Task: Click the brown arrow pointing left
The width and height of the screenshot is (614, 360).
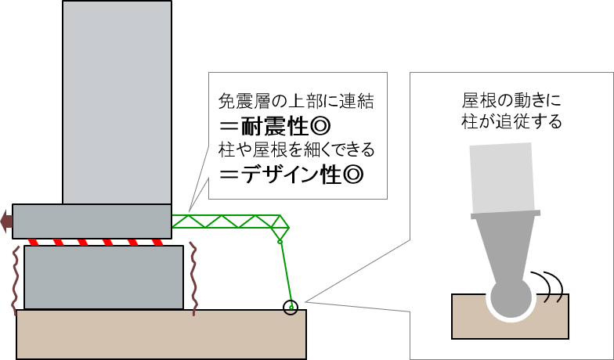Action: [6, 221]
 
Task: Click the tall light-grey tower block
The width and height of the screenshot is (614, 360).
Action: [117, 102]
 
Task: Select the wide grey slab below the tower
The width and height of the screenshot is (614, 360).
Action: [92, 221]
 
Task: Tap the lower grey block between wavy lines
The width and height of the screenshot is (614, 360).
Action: [103, 277]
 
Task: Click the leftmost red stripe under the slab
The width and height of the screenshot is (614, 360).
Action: [33, 243]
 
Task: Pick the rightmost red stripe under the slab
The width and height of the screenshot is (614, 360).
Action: [157, 243]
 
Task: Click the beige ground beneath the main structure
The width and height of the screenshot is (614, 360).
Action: [161, 335]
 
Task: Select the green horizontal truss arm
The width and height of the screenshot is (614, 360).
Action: [227, 221]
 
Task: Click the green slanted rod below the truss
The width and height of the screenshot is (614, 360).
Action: [286, 274]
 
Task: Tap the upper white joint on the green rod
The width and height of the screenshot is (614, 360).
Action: [280, 242]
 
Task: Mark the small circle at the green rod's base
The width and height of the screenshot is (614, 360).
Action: [291, 309]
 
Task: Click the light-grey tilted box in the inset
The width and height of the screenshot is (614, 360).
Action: [501, 177]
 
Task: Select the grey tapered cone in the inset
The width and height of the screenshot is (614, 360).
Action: [506, 247]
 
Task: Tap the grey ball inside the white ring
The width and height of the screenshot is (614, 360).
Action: [511, 297]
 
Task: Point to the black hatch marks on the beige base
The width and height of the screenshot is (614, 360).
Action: [554, 298]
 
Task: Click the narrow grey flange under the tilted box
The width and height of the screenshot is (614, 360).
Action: [506, 214]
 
